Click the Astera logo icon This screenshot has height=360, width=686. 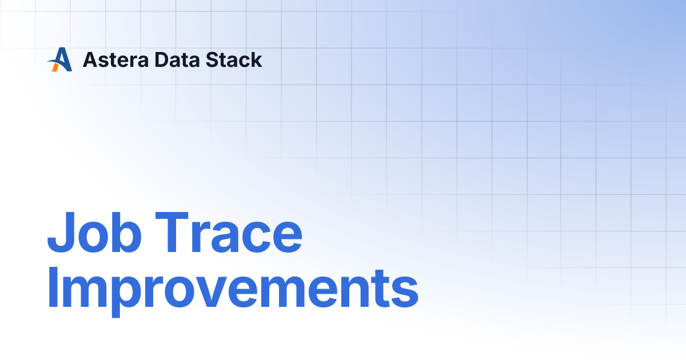tap(60, 59)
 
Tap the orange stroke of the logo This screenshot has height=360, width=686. tap(55, 67)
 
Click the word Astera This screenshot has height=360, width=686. tap(115, 59)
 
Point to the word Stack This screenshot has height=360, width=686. tap(234, 59)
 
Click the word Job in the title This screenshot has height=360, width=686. tap(94, 232)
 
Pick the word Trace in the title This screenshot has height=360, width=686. tap(229, 232)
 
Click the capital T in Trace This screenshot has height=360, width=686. tap(171, 232)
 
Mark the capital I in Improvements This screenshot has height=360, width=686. tap(53, 287)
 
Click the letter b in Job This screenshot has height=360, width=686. tap(126, 232)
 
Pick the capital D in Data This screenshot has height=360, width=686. tap(162, 59)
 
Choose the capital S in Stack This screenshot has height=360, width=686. tap(213, 59)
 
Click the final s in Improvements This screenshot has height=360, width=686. tap(404, 293)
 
